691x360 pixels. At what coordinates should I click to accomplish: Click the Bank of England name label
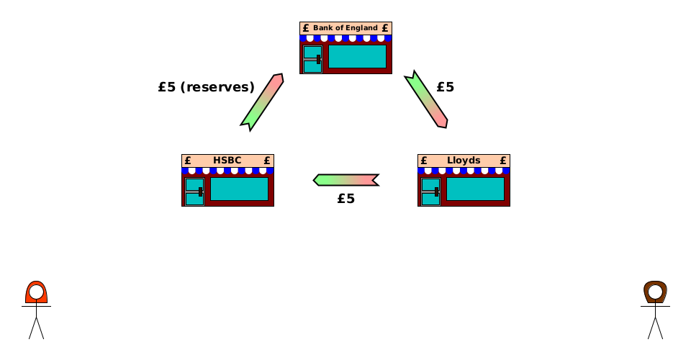coord(345,28)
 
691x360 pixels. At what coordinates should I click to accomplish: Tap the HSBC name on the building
coord(227,161)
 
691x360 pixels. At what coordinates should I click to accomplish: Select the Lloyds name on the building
coord(464,161)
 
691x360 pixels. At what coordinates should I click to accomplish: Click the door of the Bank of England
coord(312,59)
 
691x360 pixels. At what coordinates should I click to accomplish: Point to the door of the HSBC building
coord(194,192)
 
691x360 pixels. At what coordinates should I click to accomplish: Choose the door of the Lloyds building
coord(430,192)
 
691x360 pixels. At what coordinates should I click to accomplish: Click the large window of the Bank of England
coord(357,56)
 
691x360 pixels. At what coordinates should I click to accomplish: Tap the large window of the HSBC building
coord(239,189)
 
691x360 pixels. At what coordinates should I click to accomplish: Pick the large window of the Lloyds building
coord(475,189)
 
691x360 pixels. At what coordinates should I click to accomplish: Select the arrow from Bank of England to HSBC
coord(262,102)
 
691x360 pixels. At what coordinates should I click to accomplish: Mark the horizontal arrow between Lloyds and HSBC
coord(346,179)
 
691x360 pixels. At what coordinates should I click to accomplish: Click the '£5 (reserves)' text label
coord(206,87)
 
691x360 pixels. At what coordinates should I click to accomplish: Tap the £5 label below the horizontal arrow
coord(345,199)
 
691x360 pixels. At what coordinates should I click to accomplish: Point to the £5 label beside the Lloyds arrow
coord(445,87)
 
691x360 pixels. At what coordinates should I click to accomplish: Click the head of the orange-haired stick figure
coord(36,292)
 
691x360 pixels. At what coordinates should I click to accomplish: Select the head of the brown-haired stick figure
coord(655,292)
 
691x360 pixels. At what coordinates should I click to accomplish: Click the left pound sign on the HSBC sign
coord(188,161)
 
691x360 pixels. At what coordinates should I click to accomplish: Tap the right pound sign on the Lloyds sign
coord(503,161)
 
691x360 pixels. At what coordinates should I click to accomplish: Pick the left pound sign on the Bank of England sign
coord(306,28)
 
